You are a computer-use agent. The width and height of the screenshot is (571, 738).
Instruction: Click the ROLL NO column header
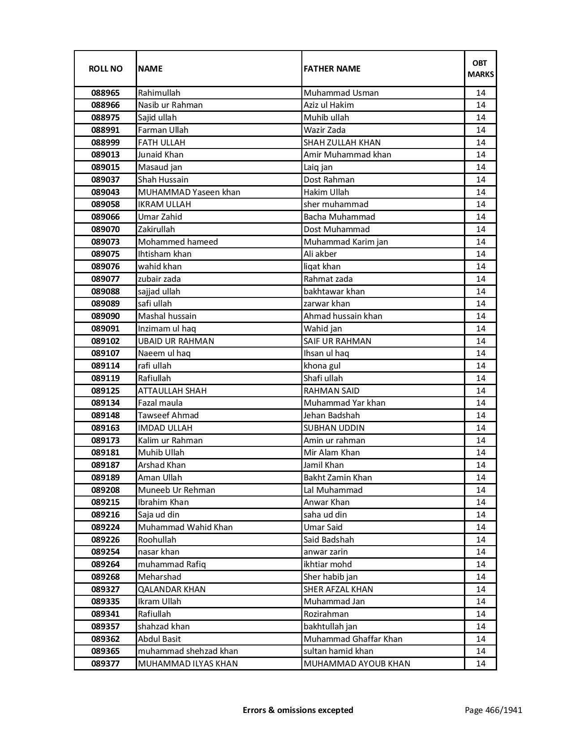pyautogui.click(x=105, y=68)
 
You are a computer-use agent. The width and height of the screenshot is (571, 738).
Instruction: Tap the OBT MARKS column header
pyautogui.click(x=481, y=68)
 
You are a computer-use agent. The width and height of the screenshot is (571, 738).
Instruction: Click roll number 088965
pyautogui.click(x=105, y=93)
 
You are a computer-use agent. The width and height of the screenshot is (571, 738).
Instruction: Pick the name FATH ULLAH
pyautogui.click(x=162, y=143)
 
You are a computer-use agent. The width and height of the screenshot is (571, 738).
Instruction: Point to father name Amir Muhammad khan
pyautogui.click(x=347, y=155)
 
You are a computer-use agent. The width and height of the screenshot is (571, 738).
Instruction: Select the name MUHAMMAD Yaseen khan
pyautogui.click(x=189, y=192)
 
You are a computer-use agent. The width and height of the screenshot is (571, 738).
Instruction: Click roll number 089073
pyautogui.click(x=105, y=242)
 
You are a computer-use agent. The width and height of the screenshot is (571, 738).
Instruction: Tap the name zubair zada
pyautogui.click(x=159, y=279)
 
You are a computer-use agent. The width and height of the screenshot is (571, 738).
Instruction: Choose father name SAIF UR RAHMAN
pyautogui.click(x=337, y=341)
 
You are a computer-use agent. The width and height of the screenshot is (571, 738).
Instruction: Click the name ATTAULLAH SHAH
pyautogui.click(x=172, y=391)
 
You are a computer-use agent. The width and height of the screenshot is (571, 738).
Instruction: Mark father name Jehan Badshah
pyautogui.click(x=331, y=416)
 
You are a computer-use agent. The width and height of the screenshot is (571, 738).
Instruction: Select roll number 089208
pyautogui.click(x=105, y=490)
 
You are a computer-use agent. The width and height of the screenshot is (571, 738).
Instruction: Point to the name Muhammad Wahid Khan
pyautogui.click(x=185, y=527)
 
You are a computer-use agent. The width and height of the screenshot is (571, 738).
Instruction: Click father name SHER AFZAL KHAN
pyautogui.click(x=338, y=590)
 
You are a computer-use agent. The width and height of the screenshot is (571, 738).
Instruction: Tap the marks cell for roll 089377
pyautogui.click(x=481, y=664)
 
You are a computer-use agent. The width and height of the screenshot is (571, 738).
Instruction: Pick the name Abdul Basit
pyautogui.click(x=159, y=639)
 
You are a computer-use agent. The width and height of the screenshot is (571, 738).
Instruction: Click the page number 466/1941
pyautogui.click(x=494, y=710)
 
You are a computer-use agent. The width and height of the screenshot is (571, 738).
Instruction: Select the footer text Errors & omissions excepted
pyautogui.click(x=298, y=710)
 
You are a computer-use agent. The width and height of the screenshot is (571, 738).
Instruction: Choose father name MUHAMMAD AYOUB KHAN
pyautogui.click(x=357, y=664)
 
